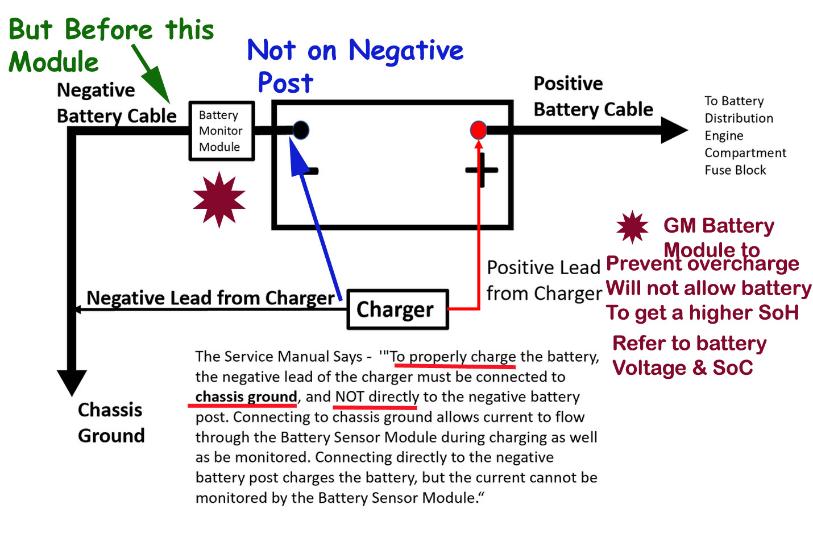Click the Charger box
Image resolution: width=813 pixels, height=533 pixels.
[x=397, y=309]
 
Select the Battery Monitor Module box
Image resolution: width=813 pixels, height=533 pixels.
[x=221, y=131]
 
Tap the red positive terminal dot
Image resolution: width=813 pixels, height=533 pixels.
[x=479, y=130]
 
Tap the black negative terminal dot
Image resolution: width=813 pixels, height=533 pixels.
[x=301, y=130]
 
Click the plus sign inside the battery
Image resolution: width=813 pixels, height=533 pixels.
[x=482, y=170]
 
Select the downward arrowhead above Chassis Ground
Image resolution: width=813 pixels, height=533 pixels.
[x=72, y=382]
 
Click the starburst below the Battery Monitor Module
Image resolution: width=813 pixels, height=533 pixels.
[x=219, y=200]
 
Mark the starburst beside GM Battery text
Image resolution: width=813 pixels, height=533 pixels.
[x=632, y=227]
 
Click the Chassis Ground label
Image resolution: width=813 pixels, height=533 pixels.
[x=111, y=423]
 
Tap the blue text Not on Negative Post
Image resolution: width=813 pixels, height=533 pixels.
[x=355, y=65]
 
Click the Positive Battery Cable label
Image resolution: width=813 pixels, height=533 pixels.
[x=593, y=96]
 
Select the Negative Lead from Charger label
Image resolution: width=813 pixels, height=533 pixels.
[x=210, y=298]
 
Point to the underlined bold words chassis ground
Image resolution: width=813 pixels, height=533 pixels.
[x=246, y=396]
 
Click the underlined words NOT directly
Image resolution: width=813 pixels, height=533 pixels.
[x=377, y=396]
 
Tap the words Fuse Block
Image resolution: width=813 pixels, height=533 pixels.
[x=735, y=170]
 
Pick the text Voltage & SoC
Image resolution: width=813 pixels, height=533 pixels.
[x=682, y=368]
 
